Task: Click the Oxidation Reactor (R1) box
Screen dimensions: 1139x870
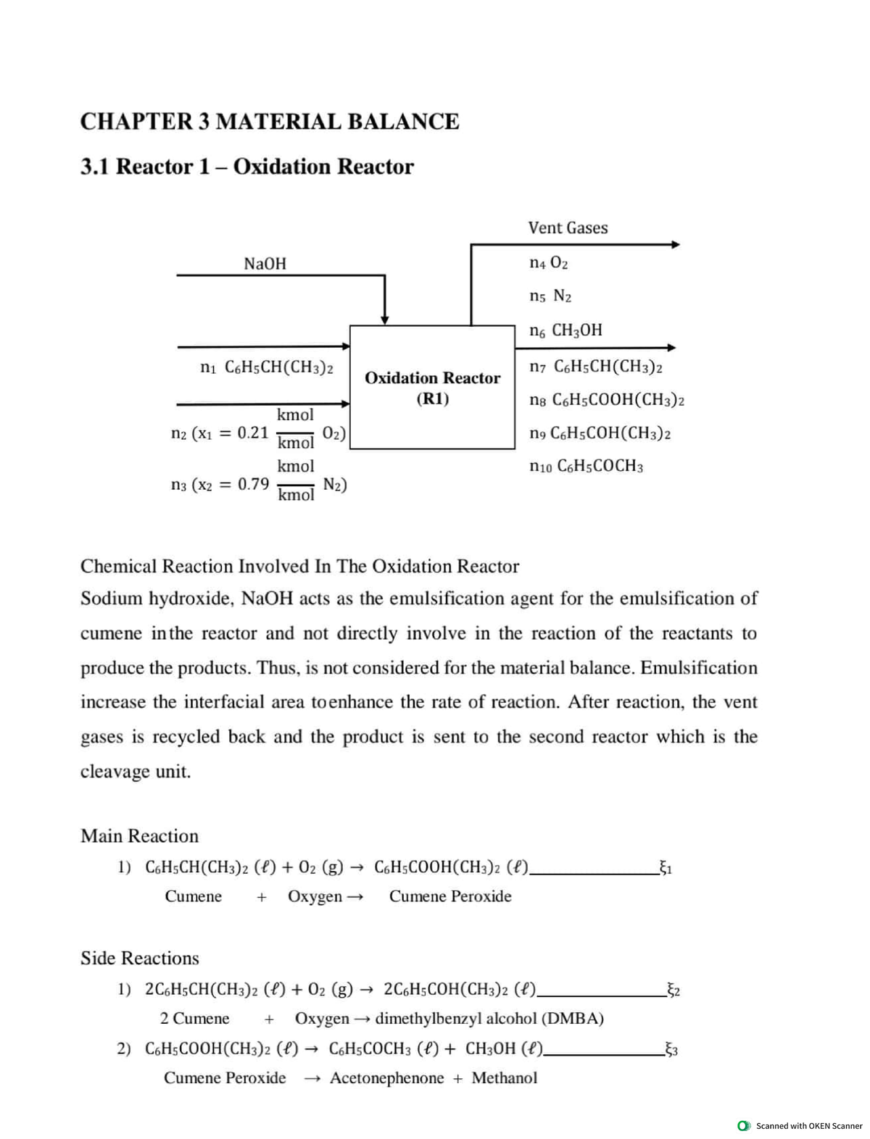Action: coord(432,388)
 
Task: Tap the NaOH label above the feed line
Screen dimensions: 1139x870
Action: coord(265,264)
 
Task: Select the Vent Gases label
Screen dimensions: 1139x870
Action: coord(568,228)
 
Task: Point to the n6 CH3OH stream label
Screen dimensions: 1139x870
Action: coord(565,330)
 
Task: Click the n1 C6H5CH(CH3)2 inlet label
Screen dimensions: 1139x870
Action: coord(266,367)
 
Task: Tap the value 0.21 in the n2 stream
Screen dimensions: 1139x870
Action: coord(253,433)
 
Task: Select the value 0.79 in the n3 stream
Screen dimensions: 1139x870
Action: coord(253,483)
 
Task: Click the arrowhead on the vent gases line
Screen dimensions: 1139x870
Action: coord(675,245)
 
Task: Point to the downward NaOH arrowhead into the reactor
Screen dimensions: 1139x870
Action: coord(386,319)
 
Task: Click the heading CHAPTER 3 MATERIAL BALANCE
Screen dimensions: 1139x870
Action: coord(269,121)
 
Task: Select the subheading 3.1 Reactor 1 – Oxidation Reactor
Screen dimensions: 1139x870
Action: coord(246,167)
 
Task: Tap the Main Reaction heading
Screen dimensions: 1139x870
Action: coord(139,835)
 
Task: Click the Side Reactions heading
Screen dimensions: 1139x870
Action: coord(139,958)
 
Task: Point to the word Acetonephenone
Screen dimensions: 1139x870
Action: coord(386,1077)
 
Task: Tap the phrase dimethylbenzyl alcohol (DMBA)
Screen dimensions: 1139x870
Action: coord(489,1018)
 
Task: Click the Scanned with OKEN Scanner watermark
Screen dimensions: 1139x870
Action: coord(801,1125)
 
